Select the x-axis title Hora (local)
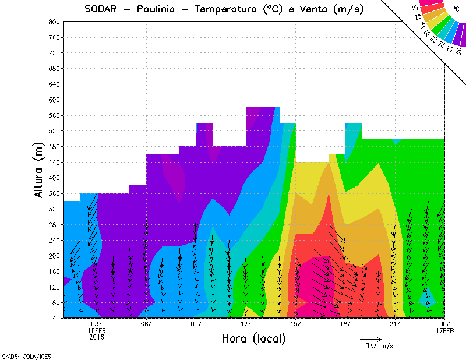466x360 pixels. (x=253, y=338)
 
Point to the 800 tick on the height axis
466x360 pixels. (x=53, y=22)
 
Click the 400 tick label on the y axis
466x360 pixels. (x=53, y=178)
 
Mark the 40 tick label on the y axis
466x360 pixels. (x=55, y=318)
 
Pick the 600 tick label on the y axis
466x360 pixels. (x=53, y=100)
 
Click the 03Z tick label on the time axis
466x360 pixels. (x=97, y=324)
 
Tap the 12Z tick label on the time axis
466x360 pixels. (x=246, y=324)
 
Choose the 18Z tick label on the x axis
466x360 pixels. (x=345, y=324)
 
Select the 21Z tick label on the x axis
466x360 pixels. (x=396, y=324)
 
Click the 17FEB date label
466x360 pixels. (x=444, y=330)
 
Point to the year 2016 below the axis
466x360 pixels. (x=97, y=337)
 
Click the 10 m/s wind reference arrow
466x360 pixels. (x=370, y=338)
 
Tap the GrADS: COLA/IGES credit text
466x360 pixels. (x=17, y=355)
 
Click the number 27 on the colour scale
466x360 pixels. (x=415, y=8)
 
